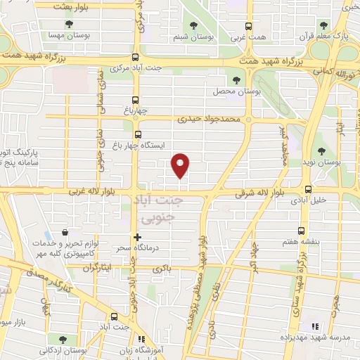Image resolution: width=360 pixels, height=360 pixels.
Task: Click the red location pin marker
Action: [181, 166]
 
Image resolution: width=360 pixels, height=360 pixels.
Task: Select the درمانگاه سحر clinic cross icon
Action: [137, 237]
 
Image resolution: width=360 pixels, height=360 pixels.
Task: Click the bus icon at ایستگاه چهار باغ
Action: [137, 134]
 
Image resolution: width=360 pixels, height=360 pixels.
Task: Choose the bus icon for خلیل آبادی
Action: [308, 188]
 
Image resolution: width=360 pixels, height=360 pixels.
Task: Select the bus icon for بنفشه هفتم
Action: [302, 231]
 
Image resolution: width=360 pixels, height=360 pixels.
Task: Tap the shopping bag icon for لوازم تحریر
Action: [65, 233]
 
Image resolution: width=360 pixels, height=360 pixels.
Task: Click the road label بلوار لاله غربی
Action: [90, 191]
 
